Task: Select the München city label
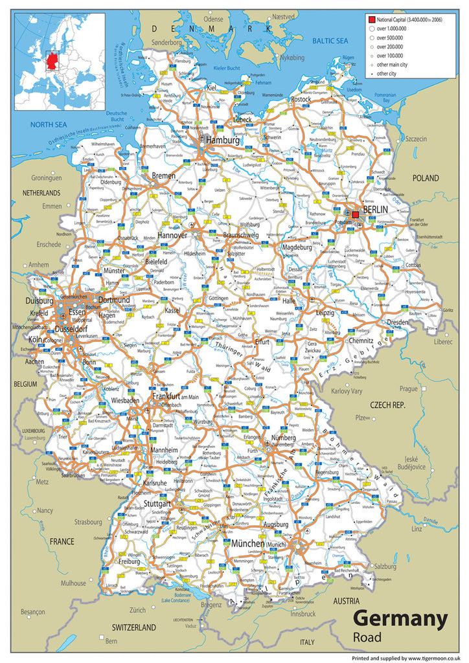(x=248, y=543)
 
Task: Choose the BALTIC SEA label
(x=330, y=41)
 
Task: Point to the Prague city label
(x=408, y=388)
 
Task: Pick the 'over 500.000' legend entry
(x=389, y=38)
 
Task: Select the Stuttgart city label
(x=157, y=503)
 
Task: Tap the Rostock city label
(x=301, y=100)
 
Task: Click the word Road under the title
(x=367, y=638)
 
